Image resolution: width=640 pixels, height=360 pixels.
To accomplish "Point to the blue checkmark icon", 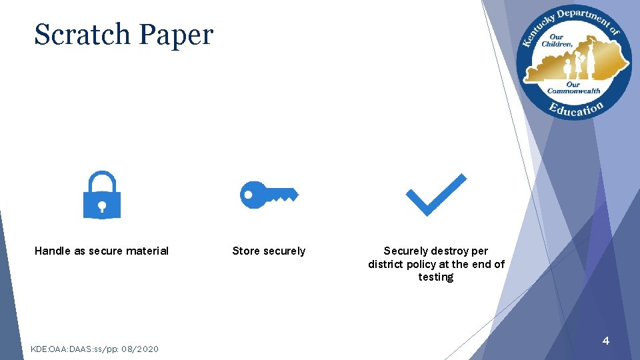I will click(x=436, y=195).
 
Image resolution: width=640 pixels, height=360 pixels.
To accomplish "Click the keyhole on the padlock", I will click(x=101, y=205).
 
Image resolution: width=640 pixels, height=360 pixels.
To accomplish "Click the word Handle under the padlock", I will click(x=51, y=251).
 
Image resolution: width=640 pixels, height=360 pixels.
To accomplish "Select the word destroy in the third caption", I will click(x=449, y=251).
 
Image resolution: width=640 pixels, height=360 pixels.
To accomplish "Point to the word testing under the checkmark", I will click(x=436, y=277).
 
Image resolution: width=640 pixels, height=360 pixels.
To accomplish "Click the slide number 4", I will click(x=605, y=341).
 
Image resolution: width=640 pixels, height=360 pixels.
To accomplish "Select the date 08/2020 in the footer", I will click(x=140, y=349).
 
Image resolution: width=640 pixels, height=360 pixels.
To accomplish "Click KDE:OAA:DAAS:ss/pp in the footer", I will click(x=75, y=349).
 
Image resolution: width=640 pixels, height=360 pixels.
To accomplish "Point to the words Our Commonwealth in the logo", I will click(x=573, y=87).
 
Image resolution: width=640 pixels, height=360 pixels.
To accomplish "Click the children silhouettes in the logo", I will click(x=575, y=64).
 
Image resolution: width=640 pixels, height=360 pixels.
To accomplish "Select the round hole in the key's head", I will click(x=248, y=195).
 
